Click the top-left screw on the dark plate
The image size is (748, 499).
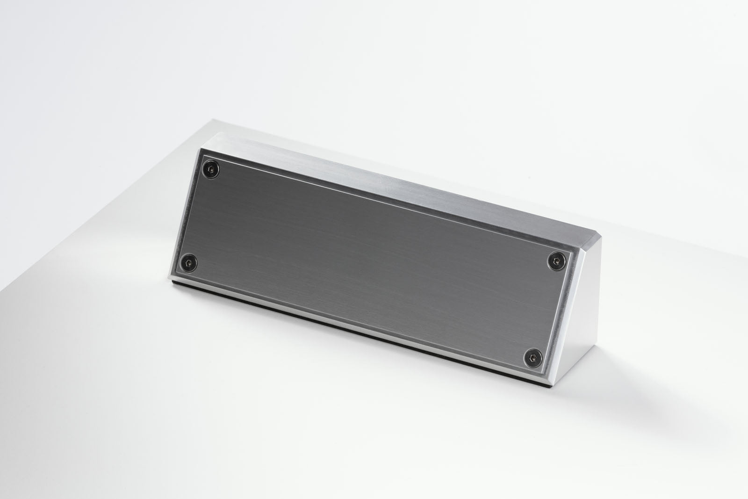coord(211,169)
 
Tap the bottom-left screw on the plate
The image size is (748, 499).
coord(188,264)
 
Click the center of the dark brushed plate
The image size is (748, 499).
coord(374,260)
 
